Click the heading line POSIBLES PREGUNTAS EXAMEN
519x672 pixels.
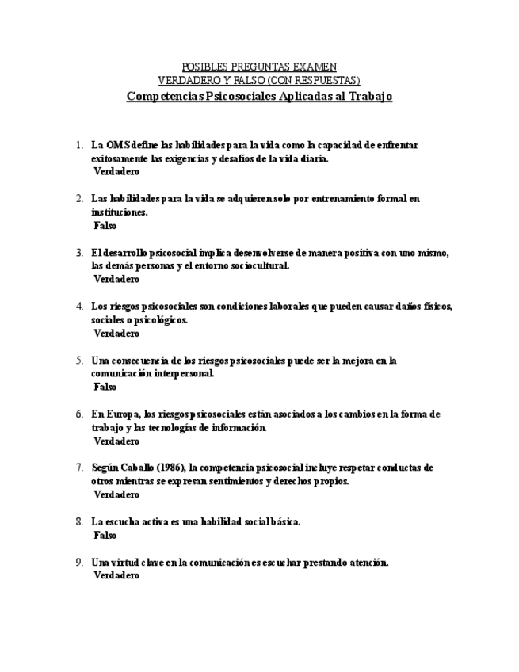tap(259, 67)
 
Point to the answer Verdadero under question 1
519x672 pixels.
tap(116, 171)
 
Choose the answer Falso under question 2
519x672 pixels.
tap(105, 226)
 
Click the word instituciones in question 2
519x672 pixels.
tap(120, 212)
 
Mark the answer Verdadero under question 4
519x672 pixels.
tap(116, 334)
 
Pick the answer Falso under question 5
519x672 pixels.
tap(105, 388)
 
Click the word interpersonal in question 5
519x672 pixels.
tap(181, 373)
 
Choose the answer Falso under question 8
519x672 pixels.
tap(105, 536)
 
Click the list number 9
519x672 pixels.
tap(79, 563)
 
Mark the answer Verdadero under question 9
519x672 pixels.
tap(116, 576)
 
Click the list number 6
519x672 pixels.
tap(79, 414)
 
